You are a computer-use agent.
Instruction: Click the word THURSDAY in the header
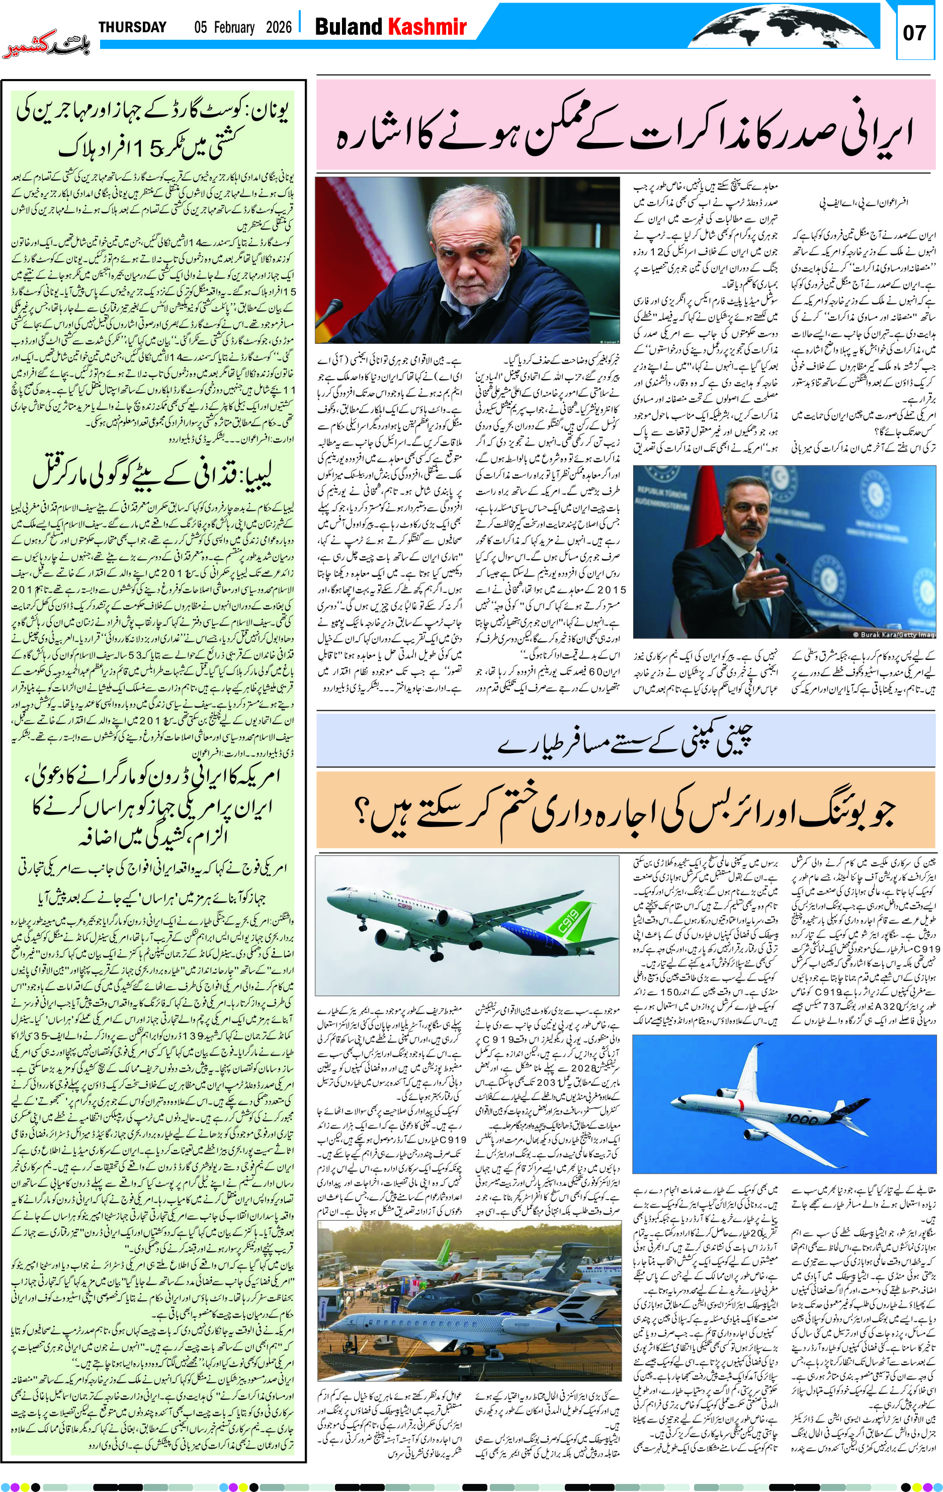click(132, 27)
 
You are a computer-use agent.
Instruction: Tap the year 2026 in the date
click(279, 27)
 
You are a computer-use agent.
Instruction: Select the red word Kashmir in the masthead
click(426, 27)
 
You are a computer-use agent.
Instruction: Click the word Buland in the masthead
click(349, 27)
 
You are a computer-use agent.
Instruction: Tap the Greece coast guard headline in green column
click(153, 130)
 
